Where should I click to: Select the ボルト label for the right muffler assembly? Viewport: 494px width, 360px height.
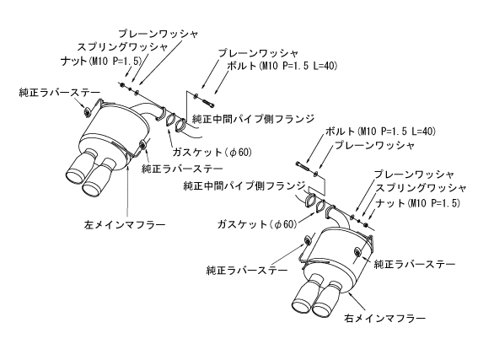pyautogui.click(x=379, y=132)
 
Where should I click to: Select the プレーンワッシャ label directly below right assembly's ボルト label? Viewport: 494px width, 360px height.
pyautogui.click(x=375, y=146)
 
